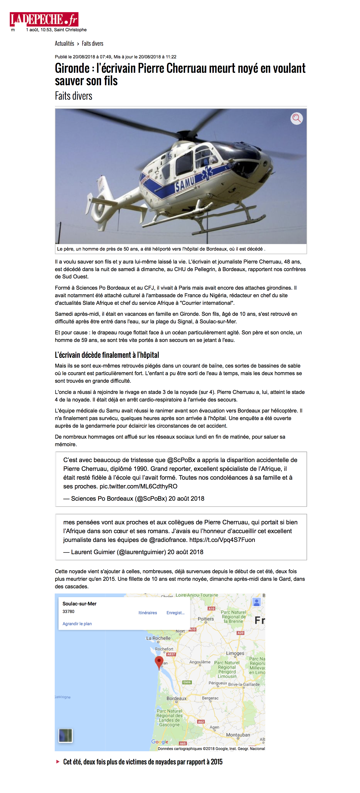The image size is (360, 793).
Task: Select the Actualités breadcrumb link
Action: pos(64,43)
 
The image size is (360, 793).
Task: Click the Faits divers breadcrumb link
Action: pos(92,43)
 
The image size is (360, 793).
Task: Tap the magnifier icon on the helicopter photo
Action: pos(296,118)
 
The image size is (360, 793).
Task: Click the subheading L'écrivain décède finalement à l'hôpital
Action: pos(107,355)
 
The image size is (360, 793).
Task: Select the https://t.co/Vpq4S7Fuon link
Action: pos(222,540)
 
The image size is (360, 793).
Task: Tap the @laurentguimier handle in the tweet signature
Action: pos(141,552)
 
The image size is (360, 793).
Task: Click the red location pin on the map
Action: pos(159,662)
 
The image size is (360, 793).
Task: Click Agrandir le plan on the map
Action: pos(77,624)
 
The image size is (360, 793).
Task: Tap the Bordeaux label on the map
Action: pos(176,698)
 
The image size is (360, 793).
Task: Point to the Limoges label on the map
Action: pos(235,653)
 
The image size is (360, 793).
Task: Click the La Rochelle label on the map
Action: pos(158,638)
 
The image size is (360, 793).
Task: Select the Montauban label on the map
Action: pos(238,735)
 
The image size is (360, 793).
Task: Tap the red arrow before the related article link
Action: pos(58,761)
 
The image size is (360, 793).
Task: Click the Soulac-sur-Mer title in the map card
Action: pos(79,604)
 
